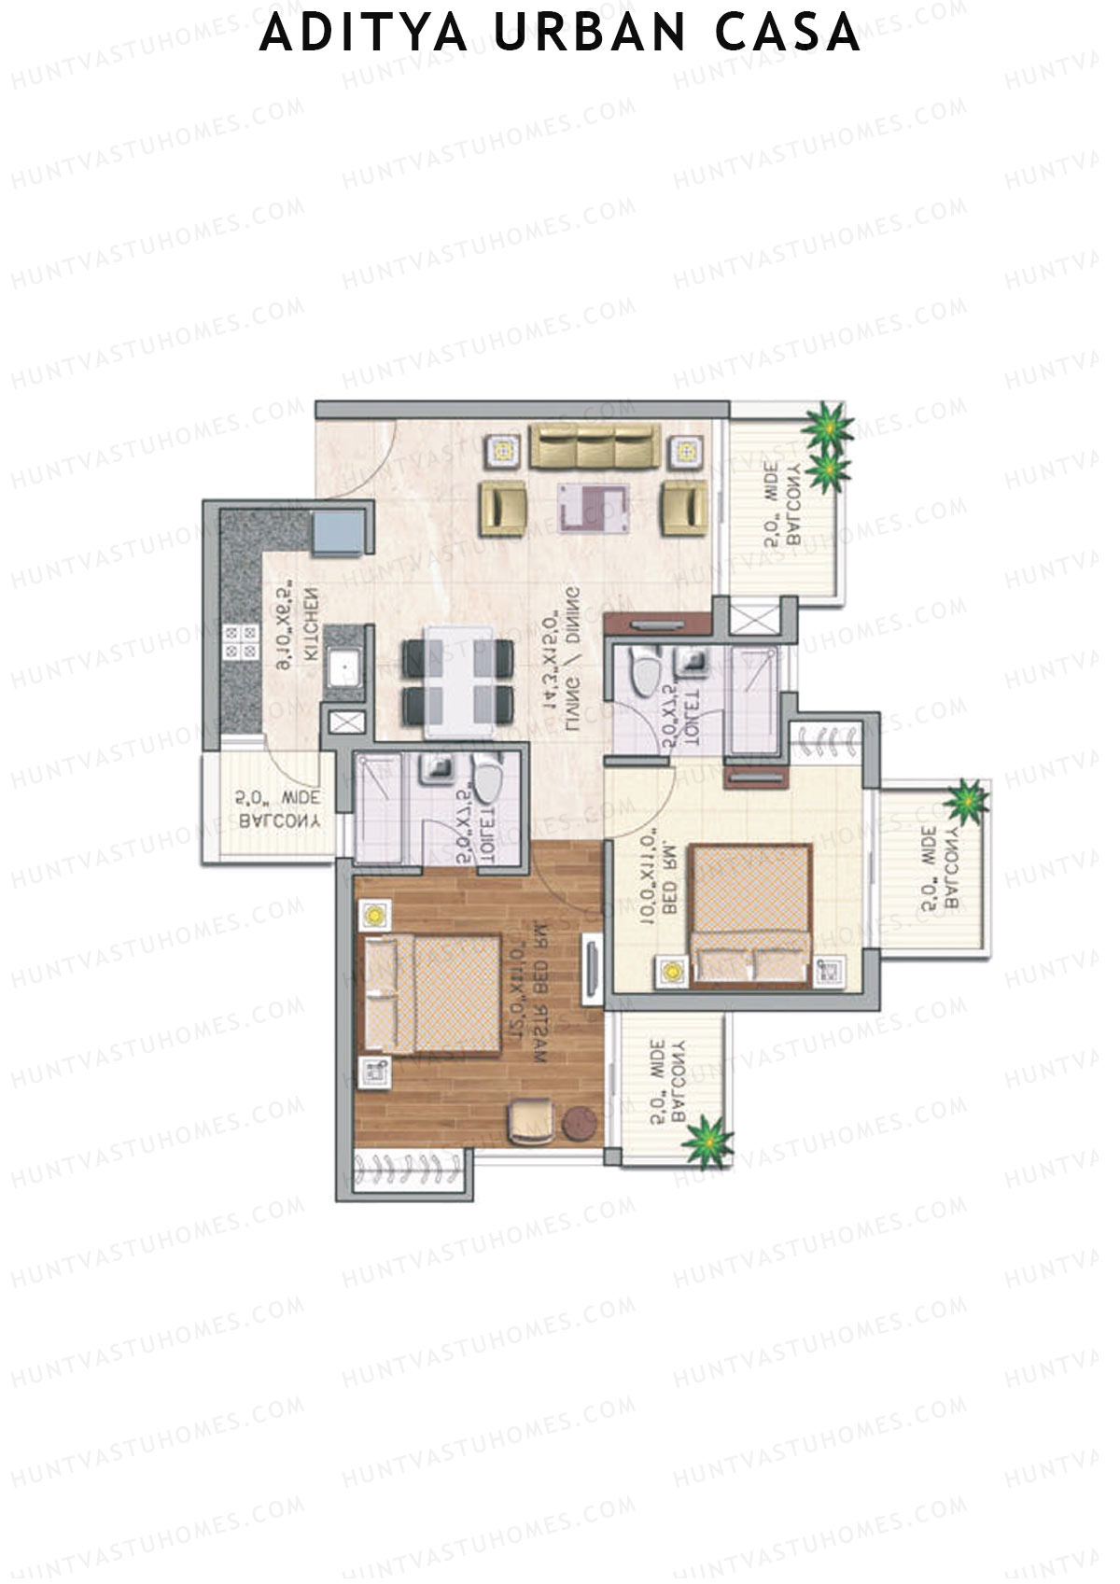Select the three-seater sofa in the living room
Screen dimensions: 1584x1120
[595, 446]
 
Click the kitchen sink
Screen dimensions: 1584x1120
[344, 670]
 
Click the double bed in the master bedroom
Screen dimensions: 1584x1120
[432, 994]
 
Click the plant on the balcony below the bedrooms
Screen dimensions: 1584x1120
[707, 1142]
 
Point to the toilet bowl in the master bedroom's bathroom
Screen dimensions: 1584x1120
[487, 778]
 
